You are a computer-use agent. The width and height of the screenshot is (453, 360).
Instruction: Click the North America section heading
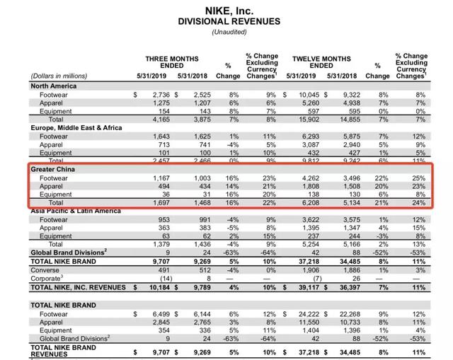(54, 86)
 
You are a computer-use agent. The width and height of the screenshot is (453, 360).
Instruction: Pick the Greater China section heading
(55, 170)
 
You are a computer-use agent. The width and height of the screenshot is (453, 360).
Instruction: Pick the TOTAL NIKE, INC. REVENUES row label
(74, 288)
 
